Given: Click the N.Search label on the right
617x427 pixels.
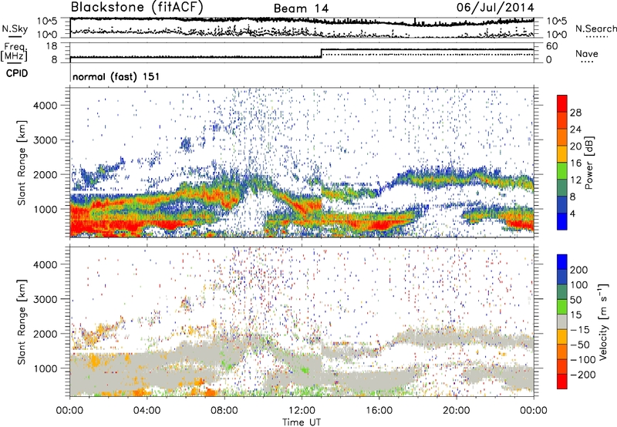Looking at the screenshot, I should pos(592,29).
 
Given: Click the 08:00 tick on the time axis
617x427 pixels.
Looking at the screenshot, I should pos(224,409).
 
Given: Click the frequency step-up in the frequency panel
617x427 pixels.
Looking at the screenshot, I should pos(322,53).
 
